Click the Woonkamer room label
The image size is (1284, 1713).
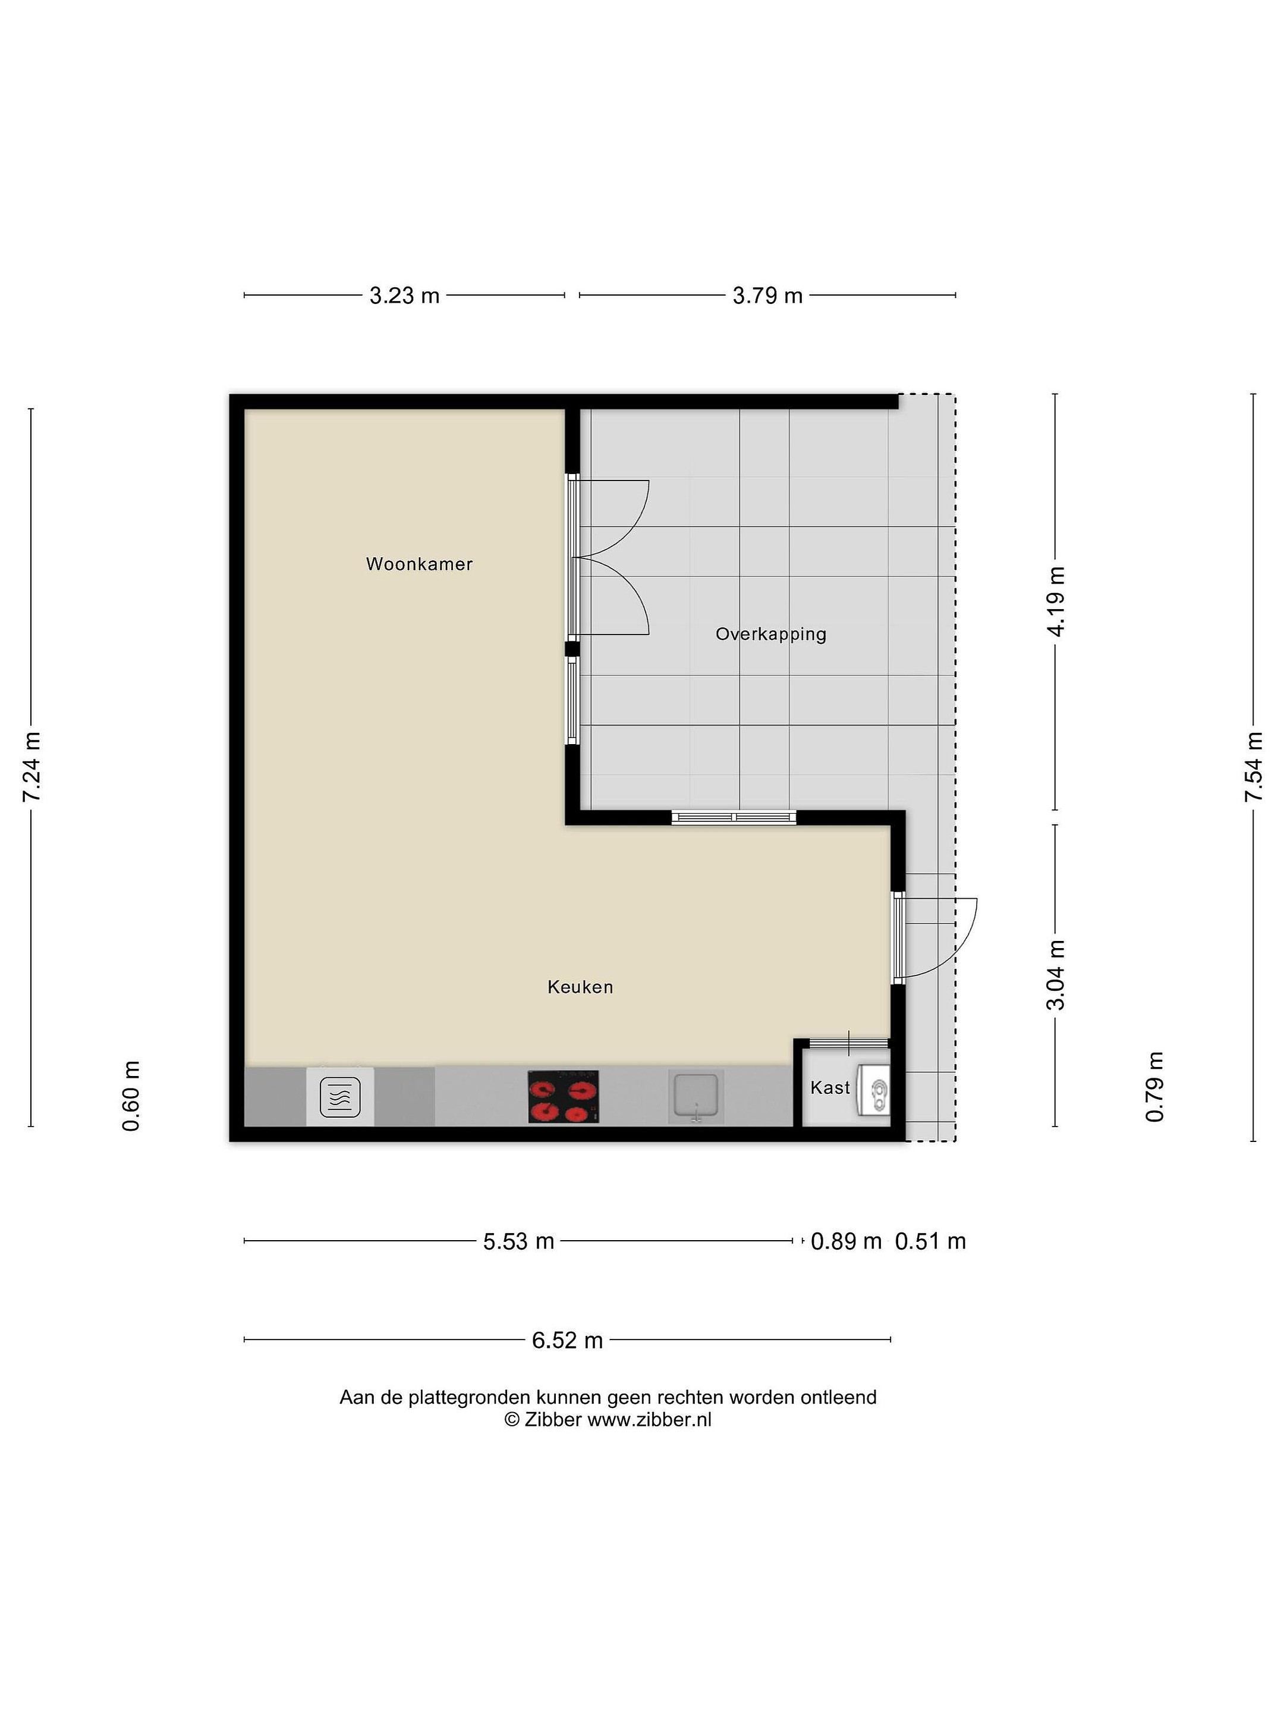pyautogui.click(x=418, y=564)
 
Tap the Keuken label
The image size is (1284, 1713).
pyautogui.click(x=580, y=987)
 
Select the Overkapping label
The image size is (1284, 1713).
pyautogui.click(x=771, y=634)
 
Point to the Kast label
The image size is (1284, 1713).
pyautogui.click(x=830, y=1087)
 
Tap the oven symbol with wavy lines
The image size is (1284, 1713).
pyautogui.click(x=340, y=1097)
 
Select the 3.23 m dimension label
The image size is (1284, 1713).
pyautogui.click(x=404, y=295)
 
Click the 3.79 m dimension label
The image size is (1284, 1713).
pyautogui.click(x=767, y=295)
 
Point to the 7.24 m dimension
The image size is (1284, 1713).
pyautogui.click(x=31, y=767)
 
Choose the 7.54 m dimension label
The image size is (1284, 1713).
pyautogui.click(x=1253, y=767)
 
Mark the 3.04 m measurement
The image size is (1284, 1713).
pyautogui.click(x=1055, y=975)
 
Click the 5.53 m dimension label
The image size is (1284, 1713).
pyautogui.click(x=518, y=1241)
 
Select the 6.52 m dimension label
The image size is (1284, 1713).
pyautogui.click(x=567, y=1339)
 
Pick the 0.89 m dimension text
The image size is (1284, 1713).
pyautogui.click(x=846, y=1241)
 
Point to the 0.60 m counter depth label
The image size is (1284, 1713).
pyautogui.click(x=131, y=1096)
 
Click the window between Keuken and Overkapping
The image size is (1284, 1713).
pyautogui.click(x=734, y=817)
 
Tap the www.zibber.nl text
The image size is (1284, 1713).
pyautogui.click(x=649, y=1420)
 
